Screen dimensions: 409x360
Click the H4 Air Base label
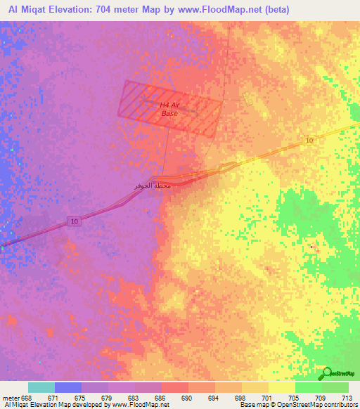coord(169,109)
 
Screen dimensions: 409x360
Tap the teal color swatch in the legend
coord(41,387)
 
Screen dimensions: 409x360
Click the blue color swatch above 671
coord(68,387)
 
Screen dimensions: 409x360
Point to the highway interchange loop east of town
coord(227,167)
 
